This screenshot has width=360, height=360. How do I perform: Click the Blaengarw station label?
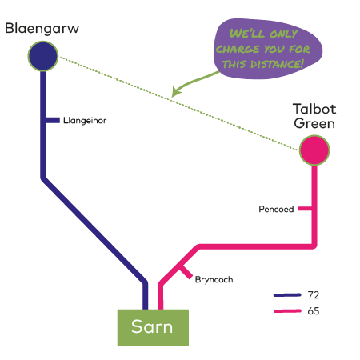42,29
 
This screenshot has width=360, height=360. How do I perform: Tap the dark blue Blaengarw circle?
43,56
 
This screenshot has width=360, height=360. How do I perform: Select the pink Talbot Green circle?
314,150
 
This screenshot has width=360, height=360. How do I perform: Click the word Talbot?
314,109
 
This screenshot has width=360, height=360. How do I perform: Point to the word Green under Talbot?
314,123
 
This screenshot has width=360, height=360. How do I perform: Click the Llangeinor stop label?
85,121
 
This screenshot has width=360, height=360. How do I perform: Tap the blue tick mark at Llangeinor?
53,120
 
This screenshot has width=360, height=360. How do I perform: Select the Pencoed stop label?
276,209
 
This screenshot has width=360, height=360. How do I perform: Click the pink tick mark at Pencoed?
305,209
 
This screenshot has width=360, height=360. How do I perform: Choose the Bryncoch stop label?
214,280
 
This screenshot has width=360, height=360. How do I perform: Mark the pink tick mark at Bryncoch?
186,272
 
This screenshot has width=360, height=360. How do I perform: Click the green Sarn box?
153,327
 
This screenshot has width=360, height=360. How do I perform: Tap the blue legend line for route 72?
287,295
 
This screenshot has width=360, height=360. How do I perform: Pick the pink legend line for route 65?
287,311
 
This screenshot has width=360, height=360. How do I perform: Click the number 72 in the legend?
314,295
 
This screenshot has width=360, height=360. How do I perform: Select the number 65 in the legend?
314,311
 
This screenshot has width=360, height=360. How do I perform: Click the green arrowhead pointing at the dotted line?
176,92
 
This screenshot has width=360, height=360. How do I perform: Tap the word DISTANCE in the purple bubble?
277,64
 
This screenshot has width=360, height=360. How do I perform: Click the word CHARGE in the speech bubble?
238,49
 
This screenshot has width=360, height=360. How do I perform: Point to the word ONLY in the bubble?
283,34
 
